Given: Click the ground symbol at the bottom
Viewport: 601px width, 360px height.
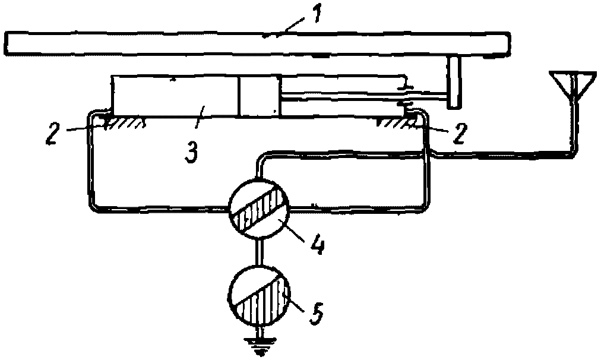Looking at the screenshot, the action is pyautogui.click(x=260, y=348).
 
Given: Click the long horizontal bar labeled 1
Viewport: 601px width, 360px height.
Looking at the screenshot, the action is pyautogui.click(x=255, y=43).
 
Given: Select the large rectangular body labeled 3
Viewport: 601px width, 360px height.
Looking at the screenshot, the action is pyautogui.click(x=175, y=96).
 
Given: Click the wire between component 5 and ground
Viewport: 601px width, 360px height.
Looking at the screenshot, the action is pyautogui.click(x=260, y=331).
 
